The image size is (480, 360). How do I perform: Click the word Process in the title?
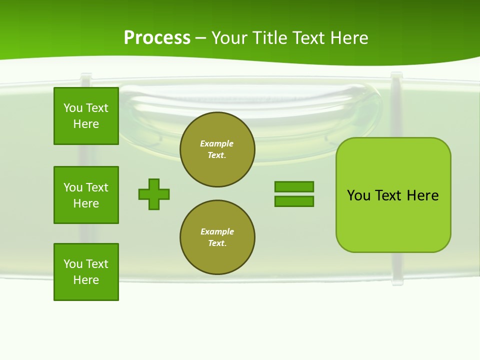click(x=157, y=38)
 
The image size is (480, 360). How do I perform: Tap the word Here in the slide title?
click(x=348, y=38)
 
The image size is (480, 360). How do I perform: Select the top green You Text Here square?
click(x=86, y=116)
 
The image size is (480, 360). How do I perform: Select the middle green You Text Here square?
click(x=86, y=195)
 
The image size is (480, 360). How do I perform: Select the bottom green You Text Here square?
click(x=86, y=272)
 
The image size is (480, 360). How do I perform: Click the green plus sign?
click(x=154, y=194)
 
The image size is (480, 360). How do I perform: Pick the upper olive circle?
click(x=217, y=149)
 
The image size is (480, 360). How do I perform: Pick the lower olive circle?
click(x=217, y=237)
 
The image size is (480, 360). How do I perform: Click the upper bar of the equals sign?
click(x=294, y=186)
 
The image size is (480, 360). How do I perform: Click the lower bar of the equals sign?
click(x=294, y=201)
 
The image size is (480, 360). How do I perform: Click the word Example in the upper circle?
click(x=217, y=143)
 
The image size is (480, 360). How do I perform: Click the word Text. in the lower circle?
click(x=217, y=243)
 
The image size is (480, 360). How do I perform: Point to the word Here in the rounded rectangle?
click(x=422, y=195)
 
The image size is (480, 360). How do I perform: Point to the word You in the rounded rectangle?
click(x=359, y=195)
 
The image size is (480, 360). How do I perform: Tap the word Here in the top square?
click(x=86, y=124)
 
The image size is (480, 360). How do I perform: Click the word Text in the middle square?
click(x=96, y=187)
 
